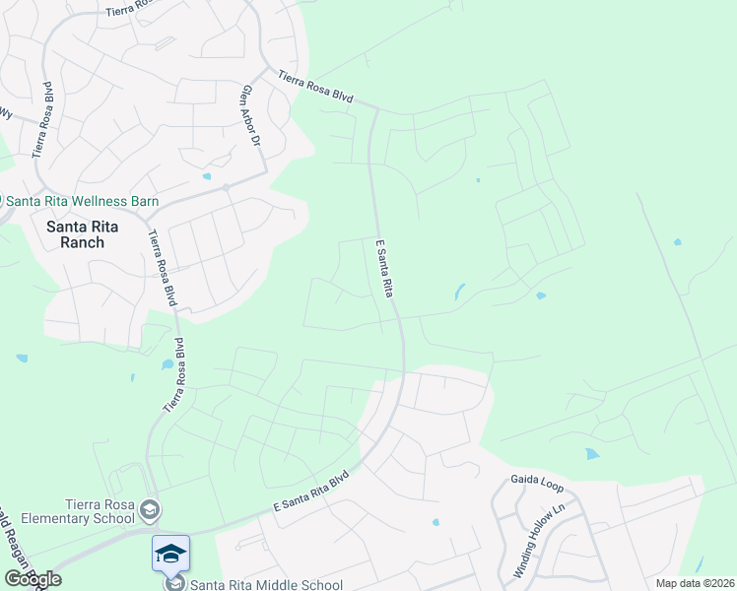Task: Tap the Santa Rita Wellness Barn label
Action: [x=83, y=202]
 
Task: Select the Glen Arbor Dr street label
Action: [x=248, y=116]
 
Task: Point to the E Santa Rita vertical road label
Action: [x=382, y=268]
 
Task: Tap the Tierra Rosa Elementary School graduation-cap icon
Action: [x=149, y=509]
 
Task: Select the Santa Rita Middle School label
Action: [x=266, y=584]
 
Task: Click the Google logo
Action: [x=33, y=579]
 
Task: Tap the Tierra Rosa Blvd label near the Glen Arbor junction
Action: [x=314, y=87]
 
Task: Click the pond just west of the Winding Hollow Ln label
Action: [x=435, y=522]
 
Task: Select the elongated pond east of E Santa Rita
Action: [x=460, y=293]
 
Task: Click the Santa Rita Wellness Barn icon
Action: [x=2, y=201]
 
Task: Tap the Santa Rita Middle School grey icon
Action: [x=170, y=584]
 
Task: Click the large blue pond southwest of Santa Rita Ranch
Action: [x=167, y=364]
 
